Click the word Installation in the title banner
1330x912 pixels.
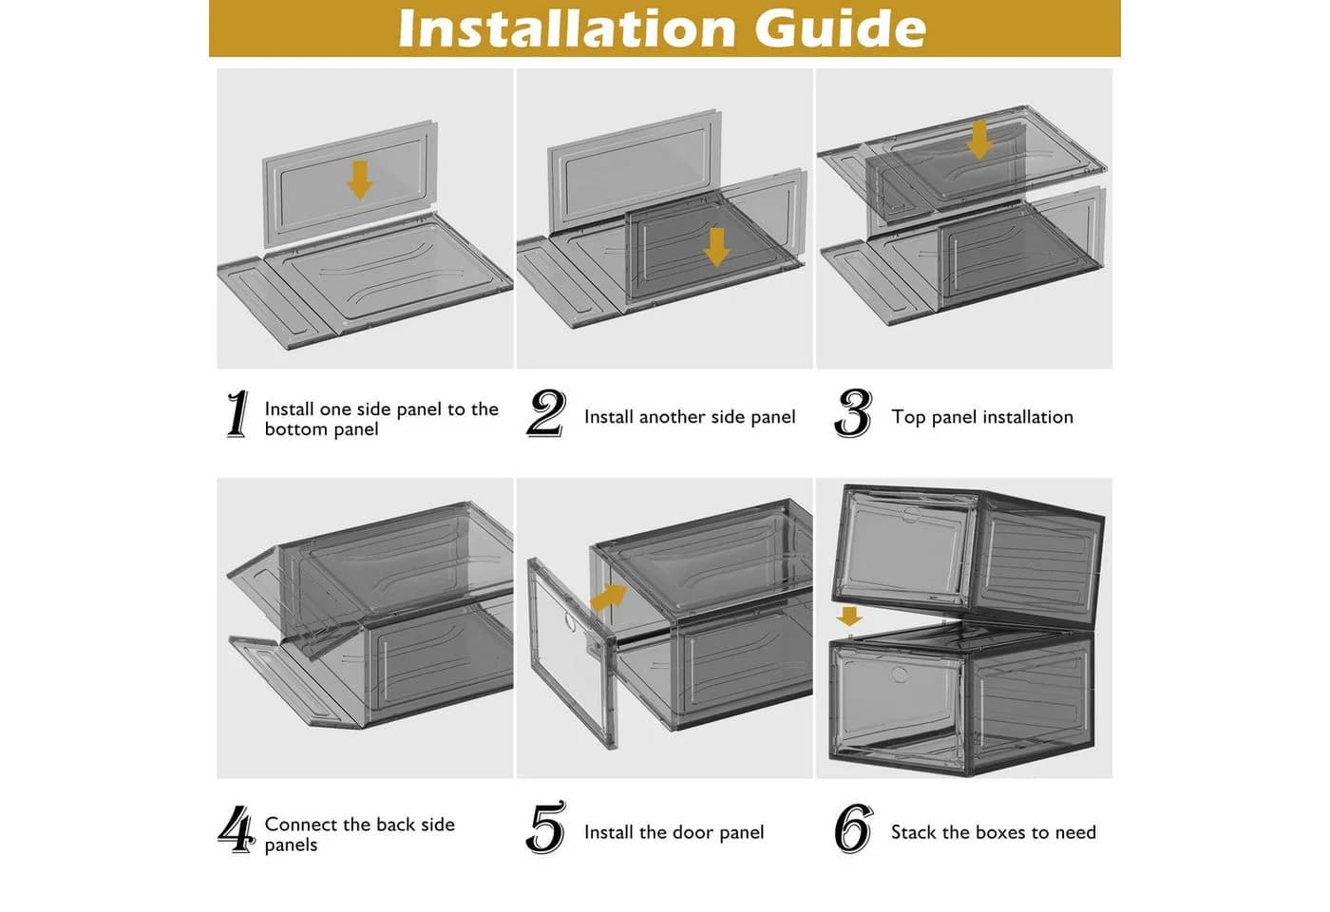pyautogui.click(x=567, y=28)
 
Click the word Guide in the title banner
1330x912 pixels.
pyautogui.click(x=841, y=28)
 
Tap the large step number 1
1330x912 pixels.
pyautogui.click(x=237, y=414)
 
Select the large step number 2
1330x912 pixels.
pyautogui.click(x=545, y=413)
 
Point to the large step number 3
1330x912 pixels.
pyautogui.click(x=853, y=413)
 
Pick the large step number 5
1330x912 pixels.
pyautogui.click(x=545, y=827)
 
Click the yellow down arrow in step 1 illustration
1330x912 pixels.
pyautogui.click(x=360, y=180)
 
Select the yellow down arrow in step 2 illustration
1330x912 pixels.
pyautogui.click(x=716, y=247)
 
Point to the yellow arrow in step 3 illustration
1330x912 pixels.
pyautogui.click(x=979, y=141)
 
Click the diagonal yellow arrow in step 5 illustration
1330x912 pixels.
pyautogui.click(x=609, y=598)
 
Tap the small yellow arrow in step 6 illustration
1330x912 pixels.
pyautogui.click(x=849, y=617)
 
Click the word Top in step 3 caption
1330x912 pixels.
pyautogui.click(x=906, y=417)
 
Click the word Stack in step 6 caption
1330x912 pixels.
pyautogui.click(x=914, y=832)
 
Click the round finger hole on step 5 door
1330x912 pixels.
pyautogui.click(x=570, y=622)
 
